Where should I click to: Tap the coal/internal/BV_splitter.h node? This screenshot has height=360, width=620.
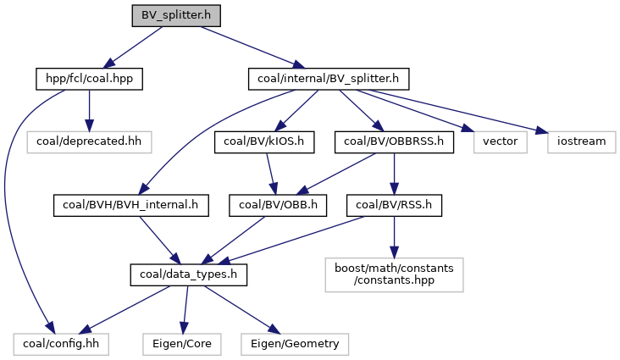[329, 80]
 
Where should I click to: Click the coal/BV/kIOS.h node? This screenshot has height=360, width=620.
[265, 141]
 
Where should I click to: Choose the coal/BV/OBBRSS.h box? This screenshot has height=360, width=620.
[394, 141]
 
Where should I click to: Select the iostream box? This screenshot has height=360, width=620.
[580, 141]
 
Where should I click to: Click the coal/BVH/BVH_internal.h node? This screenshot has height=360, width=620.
[130, 204]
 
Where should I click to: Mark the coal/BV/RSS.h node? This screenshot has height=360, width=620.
[394, 204]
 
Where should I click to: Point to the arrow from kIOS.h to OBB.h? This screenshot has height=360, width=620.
[270, 173]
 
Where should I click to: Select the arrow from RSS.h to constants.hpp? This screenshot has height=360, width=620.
[394, 232]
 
